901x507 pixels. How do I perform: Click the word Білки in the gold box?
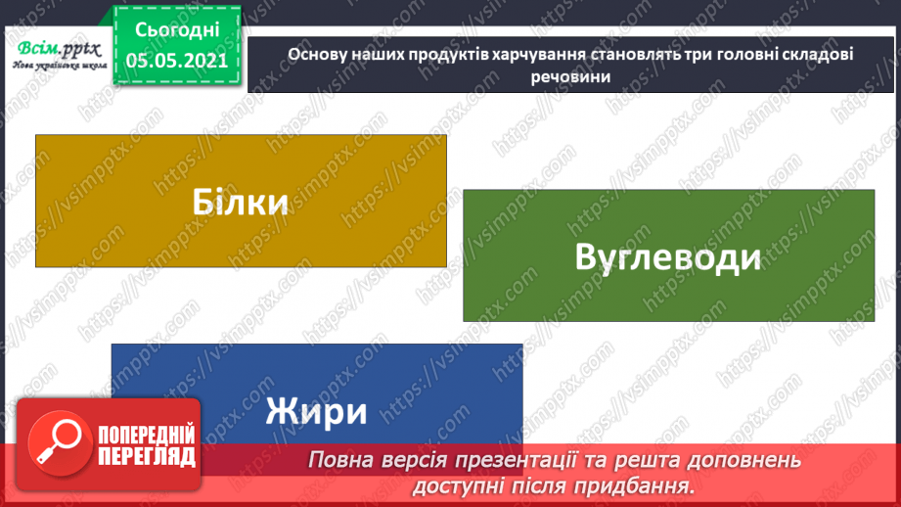pyautogui.click(x=241, y=203)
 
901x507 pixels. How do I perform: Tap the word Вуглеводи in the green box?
pyautogui.click(x=668, y=257)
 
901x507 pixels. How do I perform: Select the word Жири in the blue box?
pyautogui.click(x=316, y=410)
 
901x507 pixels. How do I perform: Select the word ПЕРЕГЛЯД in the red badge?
pyautogui.click(x=147, y=456)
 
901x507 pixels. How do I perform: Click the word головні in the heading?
pyautogui.click(x=731, y=55)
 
